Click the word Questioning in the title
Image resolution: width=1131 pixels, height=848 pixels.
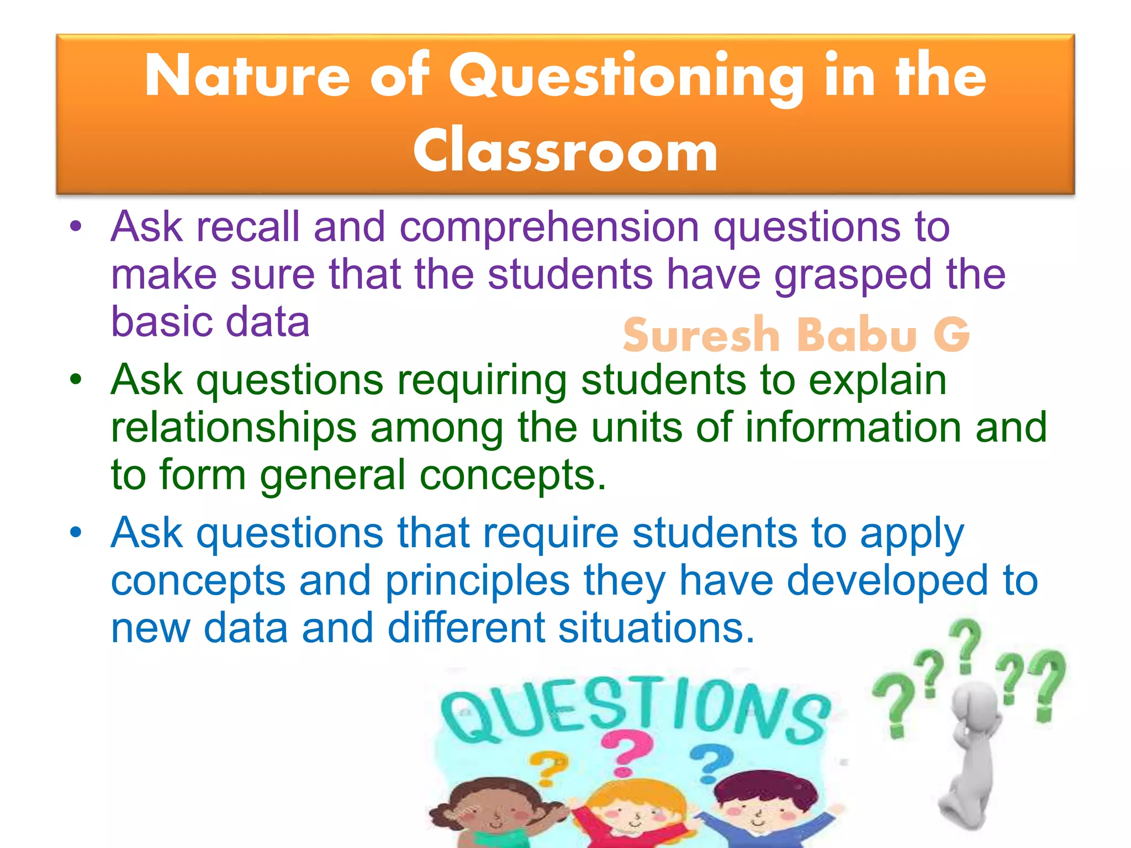(626, 77)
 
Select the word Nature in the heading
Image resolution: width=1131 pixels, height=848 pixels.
(247, 77)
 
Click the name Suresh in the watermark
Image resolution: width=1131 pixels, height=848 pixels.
(700, 335)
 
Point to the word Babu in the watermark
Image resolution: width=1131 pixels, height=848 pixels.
(857, 335)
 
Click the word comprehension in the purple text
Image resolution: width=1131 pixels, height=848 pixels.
(549, 227)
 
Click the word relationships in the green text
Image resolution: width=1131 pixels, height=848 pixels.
(234, 428)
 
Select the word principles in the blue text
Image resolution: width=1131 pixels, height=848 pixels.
(477, 581)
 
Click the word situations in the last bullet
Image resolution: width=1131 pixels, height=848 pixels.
(656, 629)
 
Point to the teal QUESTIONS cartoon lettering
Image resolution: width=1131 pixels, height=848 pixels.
(635, 709)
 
